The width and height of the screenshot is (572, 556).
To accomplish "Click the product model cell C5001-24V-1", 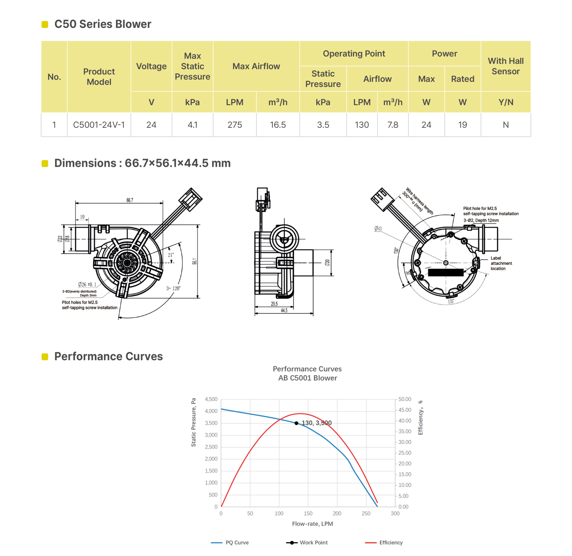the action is click(99, 125).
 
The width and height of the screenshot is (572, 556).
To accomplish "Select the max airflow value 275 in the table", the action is click(235, 125).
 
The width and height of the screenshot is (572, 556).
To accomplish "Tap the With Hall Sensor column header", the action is click(506, 66).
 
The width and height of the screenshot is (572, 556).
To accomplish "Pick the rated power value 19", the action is click(462, 125).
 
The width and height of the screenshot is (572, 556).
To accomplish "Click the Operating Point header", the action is click(354, 54).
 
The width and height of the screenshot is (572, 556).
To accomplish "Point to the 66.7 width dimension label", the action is click(130, 200).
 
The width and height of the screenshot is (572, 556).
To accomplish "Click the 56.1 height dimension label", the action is click(195, 261).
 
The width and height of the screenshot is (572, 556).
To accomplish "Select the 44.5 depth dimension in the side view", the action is click(284, 310).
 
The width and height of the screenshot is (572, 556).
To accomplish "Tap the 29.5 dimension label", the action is click(274, 304).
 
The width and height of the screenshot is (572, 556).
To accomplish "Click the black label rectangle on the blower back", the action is click(446, 272).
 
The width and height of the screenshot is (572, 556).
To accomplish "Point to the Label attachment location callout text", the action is click(501, 263).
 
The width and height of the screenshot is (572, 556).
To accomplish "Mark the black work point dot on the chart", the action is click(296, 423).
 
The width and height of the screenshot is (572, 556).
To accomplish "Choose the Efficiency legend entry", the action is click(384, 543).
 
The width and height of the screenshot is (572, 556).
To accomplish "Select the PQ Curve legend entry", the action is click(230, 543).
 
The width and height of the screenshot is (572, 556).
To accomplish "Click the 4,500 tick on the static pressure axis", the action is click(211, 399).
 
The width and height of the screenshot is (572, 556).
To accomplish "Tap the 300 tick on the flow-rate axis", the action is click(395, 513).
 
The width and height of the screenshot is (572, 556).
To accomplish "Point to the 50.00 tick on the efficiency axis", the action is click(405, 399).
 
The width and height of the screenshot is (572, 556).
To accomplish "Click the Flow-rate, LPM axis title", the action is click(313, 524).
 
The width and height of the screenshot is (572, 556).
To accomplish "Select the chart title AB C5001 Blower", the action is click(307, 378).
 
